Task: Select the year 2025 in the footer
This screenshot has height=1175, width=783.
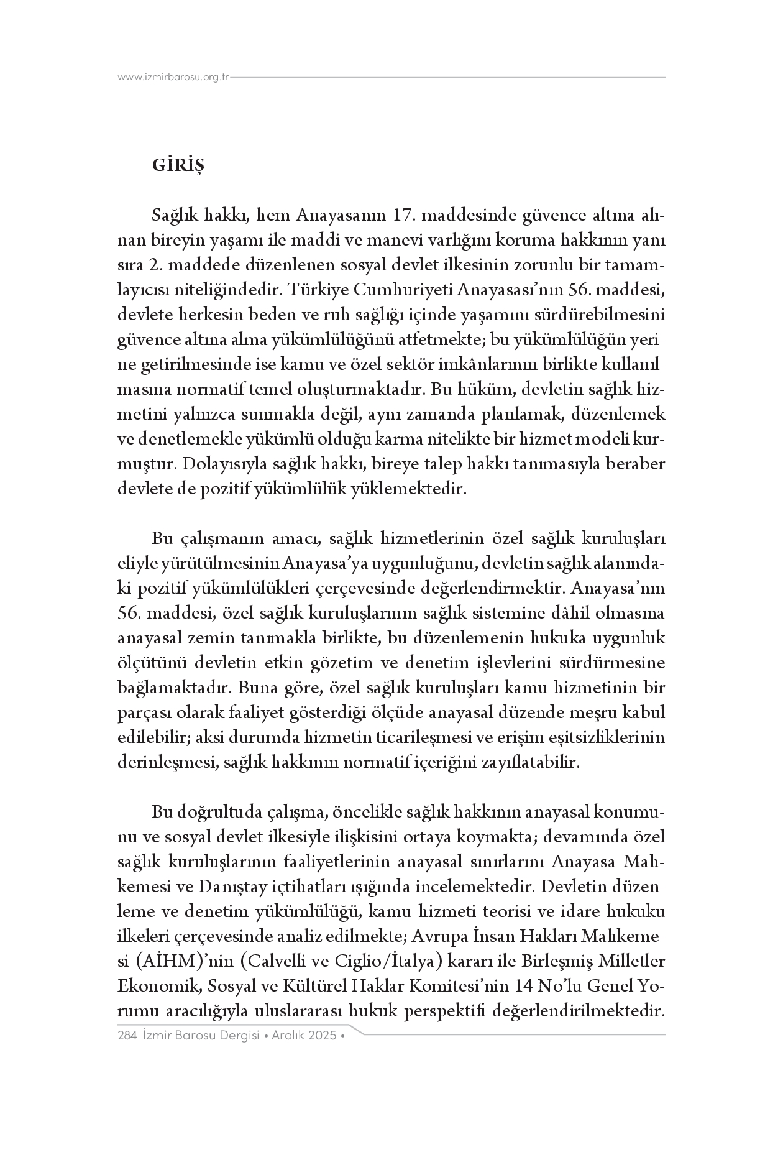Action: [323, 1036]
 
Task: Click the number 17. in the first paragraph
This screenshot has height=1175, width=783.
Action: [408, 216]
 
